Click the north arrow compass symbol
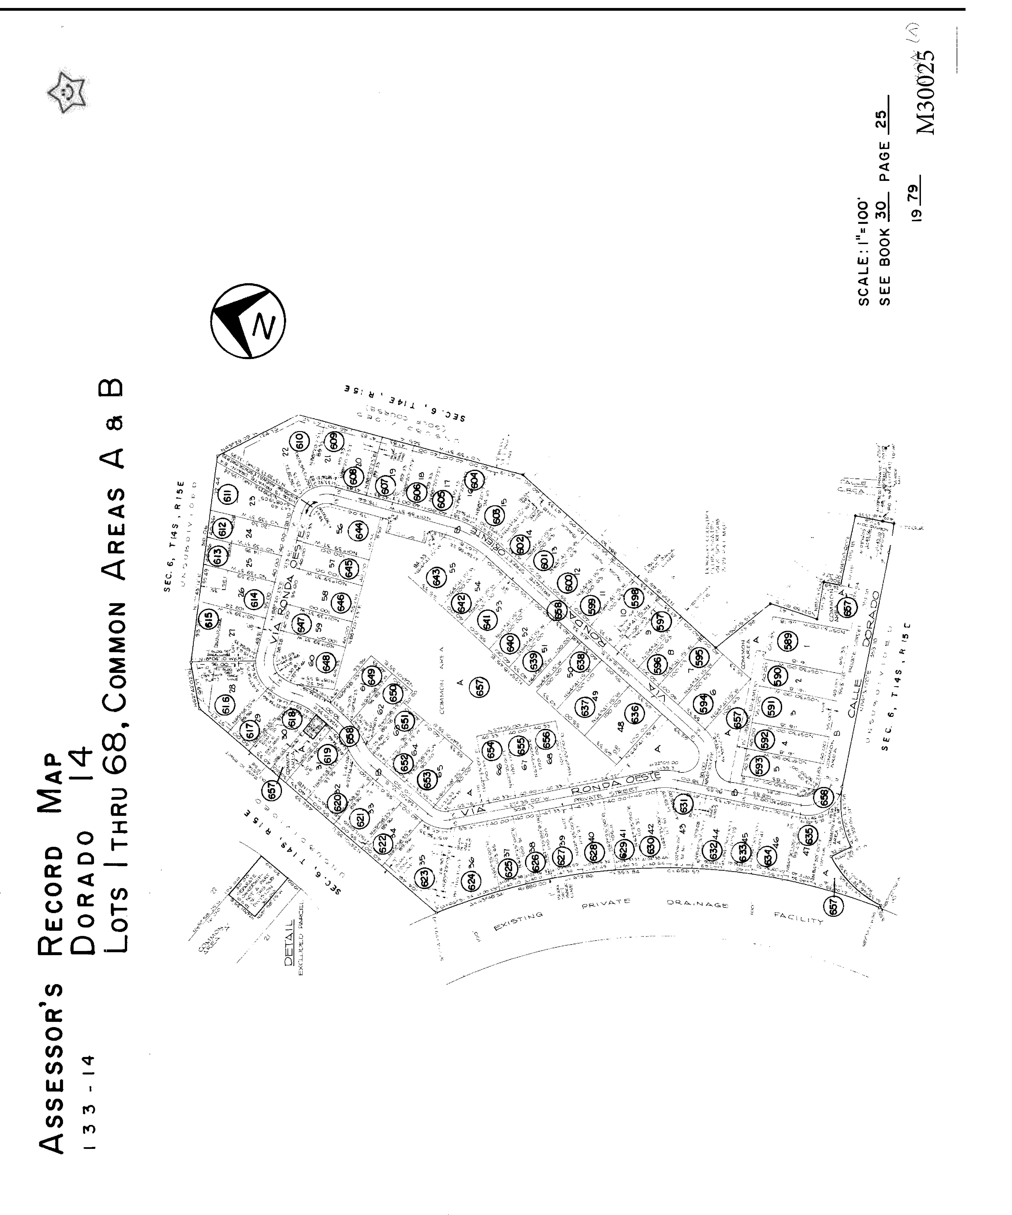coord(248,320)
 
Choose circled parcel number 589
coord(788,640)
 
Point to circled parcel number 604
coord(474,480)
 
